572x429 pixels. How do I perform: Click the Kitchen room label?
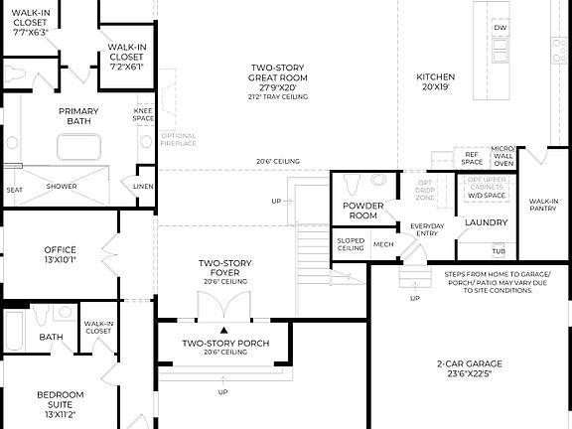click(x=435, y=81)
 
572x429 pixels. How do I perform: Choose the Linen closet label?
click(x=142, y=186)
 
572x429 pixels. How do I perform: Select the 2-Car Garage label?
click(x=470, y=368)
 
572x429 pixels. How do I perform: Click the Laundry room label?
click(x=487, y=222)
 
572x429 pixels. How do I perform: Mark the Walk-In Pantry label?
click(x=543, y=205)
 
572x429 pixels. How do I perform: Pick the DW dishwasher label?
click(x=500, y=28)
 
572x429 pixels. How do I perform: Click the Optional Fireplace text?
click(x=179, y=139)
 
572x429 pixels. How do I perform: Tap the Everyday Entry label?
click(x=427, y=230)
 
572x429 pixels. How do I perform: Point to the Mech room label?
click(x=383, y=243)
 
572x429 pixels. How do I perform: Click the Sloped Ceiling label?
click(x=350, y=243)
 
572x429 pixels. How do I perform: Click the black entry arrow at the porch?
click(x=224, y=330)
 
